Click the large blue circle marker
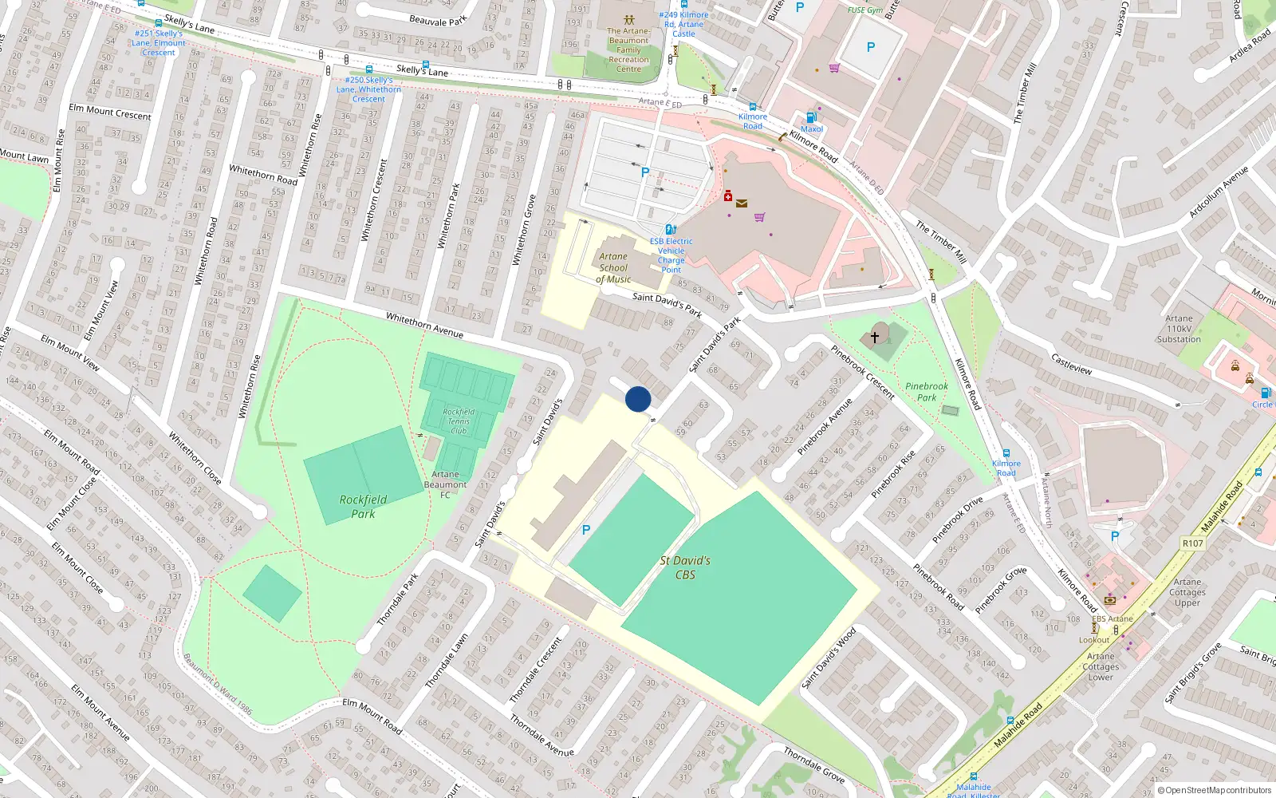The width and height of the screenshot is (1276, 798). (x=638, y=399)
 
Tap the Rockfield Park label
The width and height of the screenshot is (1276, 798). (x=363, y=507)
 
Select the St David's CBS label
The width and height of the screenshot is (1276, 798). (x=685, y=567)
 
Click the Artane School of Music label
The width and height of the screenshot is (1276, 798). (x=613, y=268)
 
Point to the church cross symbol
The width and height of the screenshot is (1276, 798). (x=875, y=338)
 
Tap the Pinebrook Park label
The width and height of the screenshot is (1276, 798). (x=927, y=392)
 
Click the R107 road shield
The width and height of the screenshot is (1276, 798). (x=1192, y=543)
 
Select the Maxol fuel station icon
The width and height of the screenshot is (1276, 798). (x=811, y=117)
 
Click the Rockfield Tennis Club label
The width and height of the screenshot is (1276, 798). (x=459, y=421)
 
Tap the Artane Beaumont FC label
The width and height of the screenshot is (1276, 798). (x=445, y=484)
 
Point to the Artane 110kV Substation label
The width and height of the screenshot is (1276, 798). (x=1179, y=329)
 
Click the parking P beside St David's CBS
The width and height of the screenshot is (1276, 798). (x=586, y=530)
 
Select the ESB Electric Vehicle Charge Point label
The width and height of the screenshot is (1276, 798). (x=671, y=255)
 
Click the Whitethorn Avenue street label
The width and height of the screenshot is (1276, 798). (x=424, y=325)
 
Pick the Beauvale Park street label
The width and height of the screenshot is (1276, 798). (x=438, y=20)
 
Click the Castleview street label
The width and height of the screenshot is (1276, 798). (x=1071, y=364)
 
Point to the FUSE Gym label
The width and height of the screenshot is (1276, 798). (x=865, y=10)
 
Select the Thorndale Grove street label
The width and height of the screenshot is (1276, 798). (x=813, y=764)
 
